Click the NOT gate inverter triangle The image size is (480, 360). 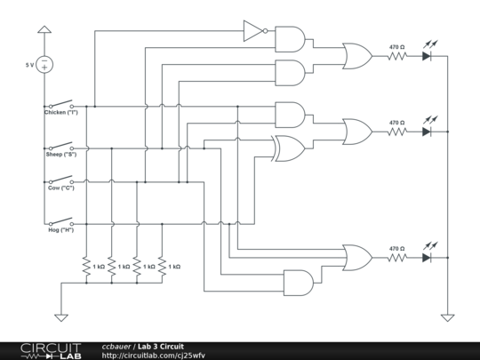(x=254, y=33)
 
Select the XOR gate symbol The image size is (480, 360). (x=289, y=148)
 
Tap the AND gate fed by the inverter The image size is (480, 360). (x=290, y=39)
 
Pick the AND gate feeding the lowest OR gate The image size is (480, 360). (x=297, y=282)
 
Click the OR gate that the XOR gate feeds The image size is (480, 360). (x=357, y=131)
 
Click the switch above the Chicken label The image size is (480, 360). (x=61, y=103)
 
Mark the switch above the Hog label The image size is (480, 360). (x=61, y=220)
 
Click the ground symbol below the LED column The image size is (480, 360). (x=447, y=315)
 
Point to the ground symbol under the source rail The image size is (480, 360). (x=61, y=315)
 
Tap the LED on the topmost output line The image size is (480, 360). (x=427, y=55)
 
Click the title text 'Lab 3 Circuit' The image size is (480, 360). (x=162, y=346)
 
